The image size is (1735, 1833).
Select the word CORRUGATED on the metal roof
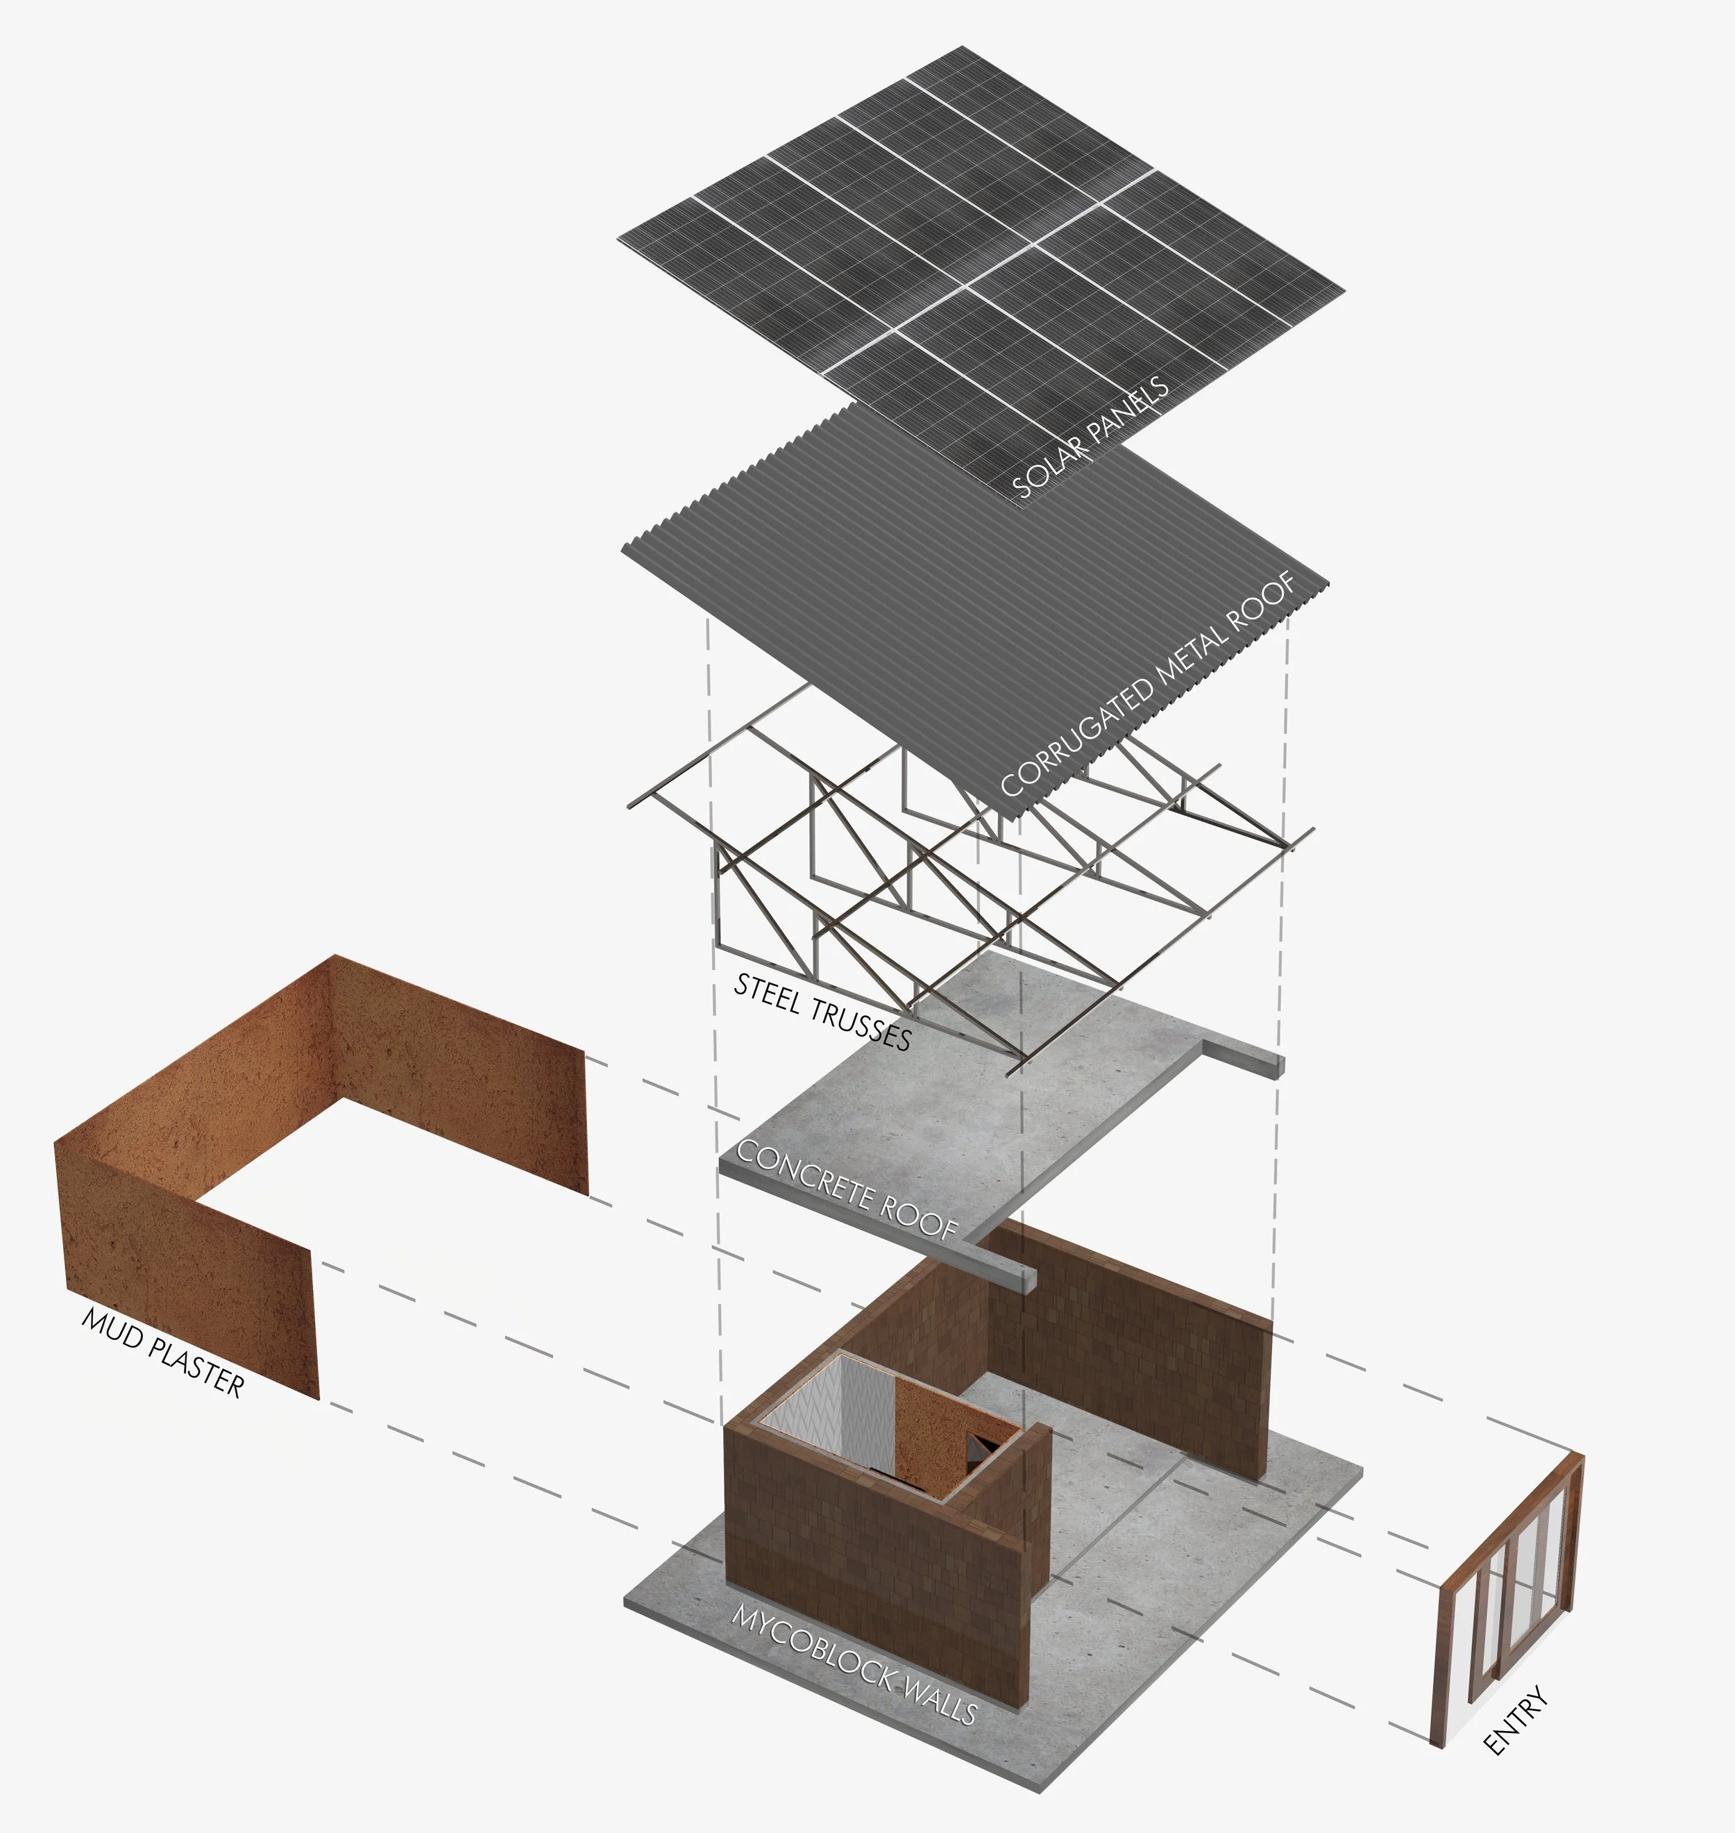(1078, 737)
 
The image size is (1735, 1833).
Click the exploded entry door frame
(1507, 1601)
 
